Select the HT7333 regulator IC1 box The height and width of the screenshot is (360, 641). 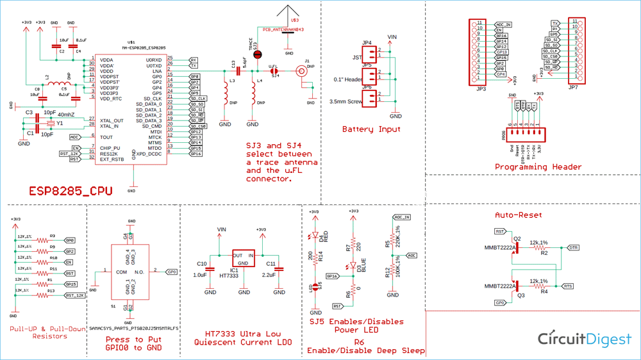pos(244,258)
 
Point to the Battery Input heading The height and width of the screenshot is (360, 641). pos(371,129)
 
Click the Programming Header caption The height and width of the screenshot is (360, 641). pos(538,167)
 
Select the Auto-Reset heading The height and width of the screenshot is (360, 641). pos(519,215)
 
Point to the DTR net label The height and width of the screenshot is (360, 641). pos(574,247)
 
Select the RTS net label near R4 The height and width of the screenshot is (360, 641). pos(568,286)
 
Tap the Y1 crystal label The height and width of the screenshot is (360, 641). pos(59,123)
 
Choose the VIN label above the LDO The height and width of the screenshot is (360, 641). pos(222,229)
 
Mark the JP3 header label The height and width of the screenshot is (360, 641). pos(481,89)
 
